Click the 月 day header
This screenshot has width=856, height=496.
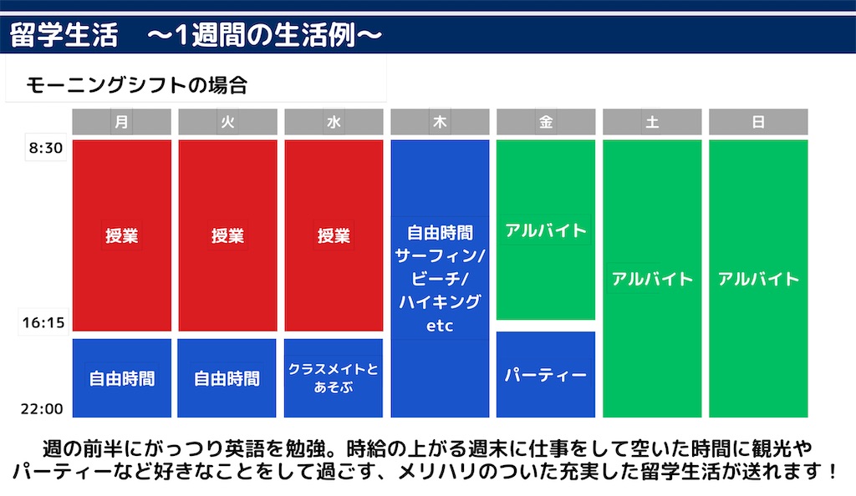pos(122,122)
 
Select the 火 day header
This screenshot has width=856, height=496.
pos(227,122)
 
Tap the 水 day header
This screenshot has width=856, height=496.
pos(334,122)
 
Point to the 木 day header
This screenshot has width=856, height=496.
pos(440,122)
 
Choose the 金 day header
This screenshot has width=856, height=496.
pos(546,122)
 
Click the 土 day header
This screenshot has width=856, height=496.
pos(652,122)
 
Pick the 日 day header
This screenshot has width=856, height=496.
pos(758,122)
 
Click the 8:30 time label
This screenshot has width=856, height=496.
pos(43,149)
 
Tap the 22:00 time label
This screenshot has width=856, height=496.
pos(43,409)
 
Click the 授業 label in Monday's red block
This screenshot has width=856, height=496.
pos(122,236)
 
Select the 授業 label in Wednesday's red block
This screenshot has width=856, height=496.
pos(334,236)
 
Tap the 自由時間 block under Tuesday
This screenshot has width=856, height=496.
pos(227,378)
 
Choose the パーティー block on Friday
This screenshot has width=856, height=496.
pos(546,375)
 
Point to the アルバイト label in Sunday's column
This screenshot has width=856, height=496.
pos(758,279)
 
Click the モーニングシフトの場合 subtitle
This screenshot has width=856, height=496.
pos(137,84)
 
